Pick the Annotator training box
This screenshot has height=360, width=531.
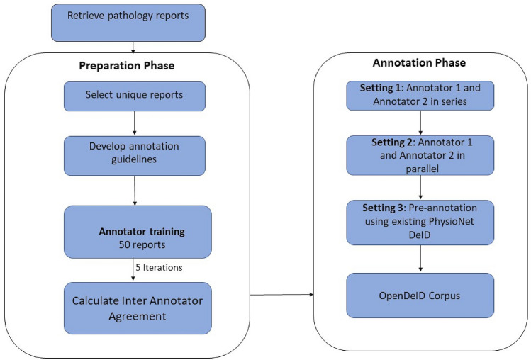coord(138,232)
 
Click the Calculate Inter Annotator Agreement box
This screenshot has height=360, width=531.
coord(138,308)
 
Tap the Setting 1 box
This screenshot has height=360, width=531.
coord(420,96)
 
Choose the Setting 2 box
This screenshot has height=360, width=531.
coord(420,155)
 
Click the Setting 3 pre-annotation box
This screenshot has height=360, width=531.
coord(420,221)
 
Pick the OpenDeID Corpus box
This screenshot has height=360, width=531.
coord(420,296)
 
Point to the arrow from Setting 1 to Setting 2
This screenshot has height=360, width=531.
coord(420,123)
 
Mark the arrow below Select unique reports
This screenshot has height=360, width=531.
coord(134,123)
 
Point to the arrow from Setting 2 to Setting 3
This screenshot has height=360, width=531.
coord(420,186)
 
